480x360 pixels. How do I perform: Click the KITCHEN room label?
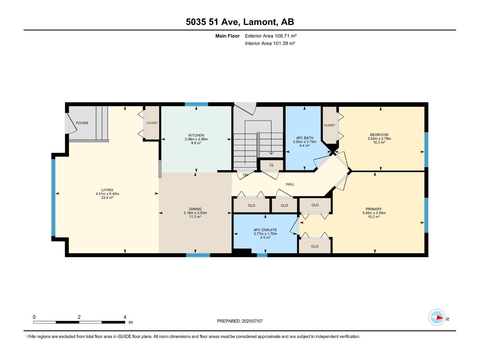click(x=196, y=135)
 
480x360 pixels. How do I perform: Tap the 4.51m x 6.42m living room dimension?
click(x=107, y=194)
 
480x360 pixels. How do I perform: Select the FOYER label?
click(x=82, y=123)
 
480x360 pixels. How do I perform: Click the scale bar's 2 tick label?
click(x=79, y=317)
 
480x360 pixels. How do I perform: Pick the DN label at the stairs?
click(x=245, y=175)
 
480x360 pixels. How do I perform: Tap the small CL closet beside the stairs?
click(x=271, y=165)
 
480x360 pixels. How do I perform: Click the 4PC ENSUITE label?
click(x=265, y=230)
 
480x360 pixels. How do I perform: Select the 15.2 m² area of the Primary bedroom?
click(x=374, y=217)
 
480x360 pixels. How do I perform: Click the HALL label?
click(x=290, y=184)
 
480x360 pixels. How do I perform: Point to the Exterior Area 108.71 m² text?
click(x=271, y=36)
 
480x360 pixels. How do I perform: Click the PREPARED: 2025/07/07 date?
click(x=240, y=321)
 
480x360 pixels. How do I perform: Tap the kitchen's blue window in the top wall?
click(x=196, y=104)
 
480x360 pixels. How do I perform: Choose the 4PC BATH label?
click(x=304, y=138)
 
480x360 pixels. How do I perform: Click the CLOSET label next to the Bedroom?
click(x=329, y=125)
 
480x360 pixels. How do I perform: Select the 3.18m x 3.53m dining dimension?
click(x=195, y=213)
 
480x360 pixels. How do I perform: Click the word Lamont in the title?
click(x=260, y=22)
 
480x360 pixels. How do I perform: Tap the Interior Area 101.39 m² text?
click(x=270, y=43)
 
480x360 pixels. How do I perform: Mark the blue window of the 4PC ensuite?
click(x=262, y=255)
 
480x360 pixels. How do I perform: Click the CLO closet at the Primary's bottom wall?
click(x=315, y=246)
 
